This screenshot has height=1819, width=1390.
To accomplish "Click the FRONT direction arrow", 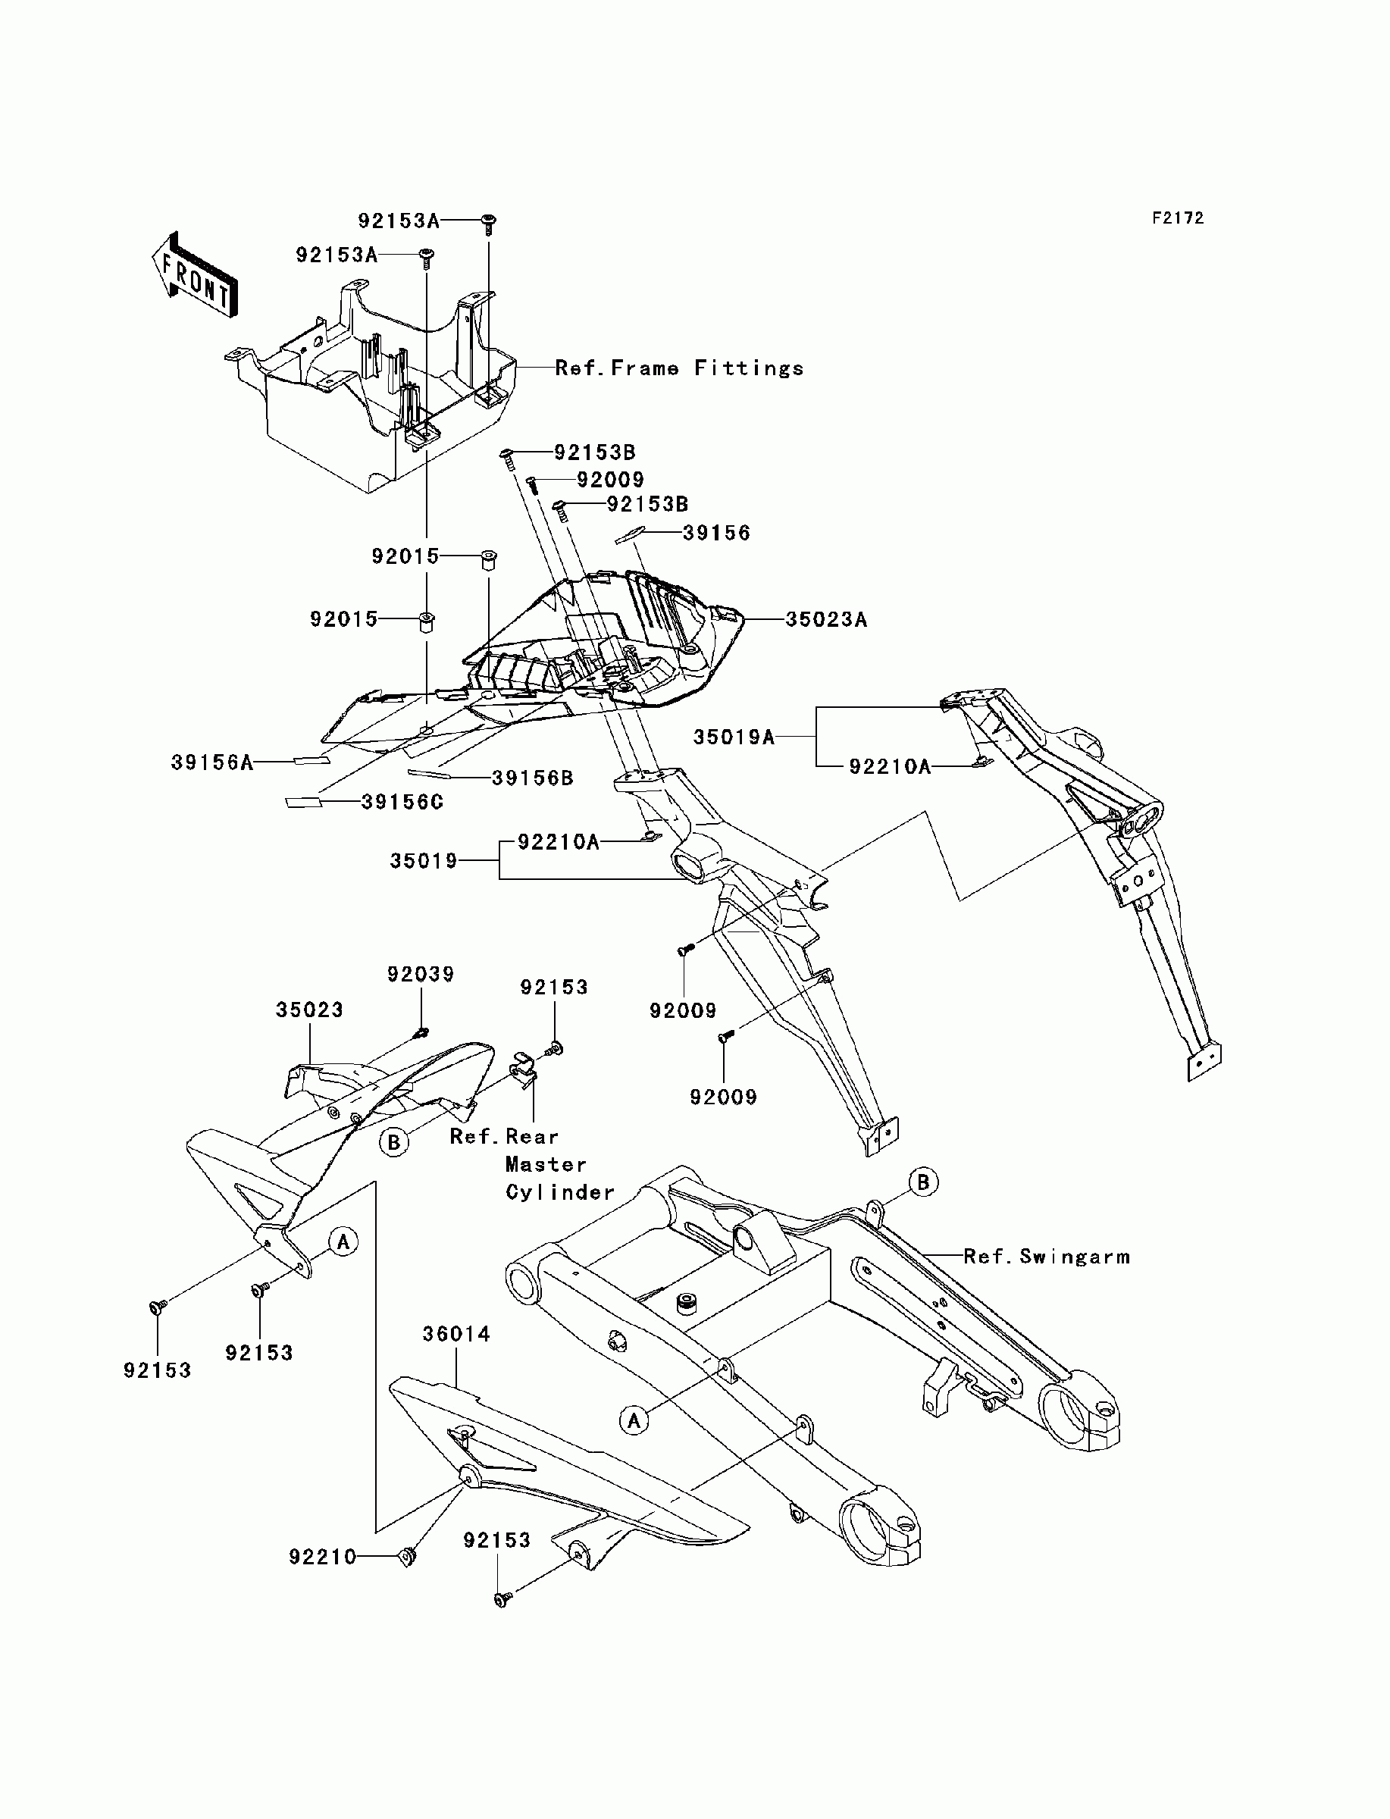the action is [195, 274].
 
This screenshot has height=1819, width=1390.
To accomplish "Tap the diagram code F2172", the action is [1179, 218].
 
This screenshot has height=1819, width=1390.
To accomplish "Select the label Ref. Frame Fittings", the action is [679, 368].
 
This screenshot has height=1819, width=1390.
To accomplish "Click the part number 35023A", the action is [825, 619].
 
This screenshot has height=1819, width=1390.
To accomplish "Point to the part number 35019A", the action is [734, 737].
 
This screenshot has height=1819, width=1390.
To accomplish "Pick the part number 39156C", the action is [402, 803].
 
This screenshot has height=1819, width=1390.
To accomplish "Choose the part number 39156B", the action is [533, 778].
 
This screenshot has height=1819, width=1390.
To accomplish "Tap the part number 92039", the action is [421, 975].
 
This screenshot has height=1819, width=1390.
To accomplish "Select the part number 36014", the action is [457, 1334].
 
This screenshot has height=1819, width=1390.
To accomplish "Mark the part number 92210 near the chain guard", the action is [323, 1558].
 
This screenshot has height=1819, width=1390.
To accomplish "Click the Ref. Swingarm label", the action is [1047, 1257].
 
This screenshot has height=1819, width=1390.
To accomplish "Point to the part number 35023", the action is [309, 1010].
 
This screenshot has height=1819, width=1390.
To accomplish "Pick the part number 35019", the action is [424, 861].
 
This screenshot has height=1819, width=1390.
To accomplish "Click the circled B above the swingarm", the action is [923, 1182].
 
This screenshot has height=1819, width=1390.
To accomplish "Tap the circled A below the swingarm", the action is [634, 1420].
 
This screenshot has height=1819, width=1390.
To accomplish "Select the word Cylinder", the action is [560, 1193].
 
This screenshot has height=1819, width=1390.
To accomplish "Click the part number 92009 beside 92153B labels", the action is [611, 480].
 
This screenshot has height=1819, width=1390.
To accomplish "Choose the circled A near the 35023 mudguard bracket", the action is [343, 1241].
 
